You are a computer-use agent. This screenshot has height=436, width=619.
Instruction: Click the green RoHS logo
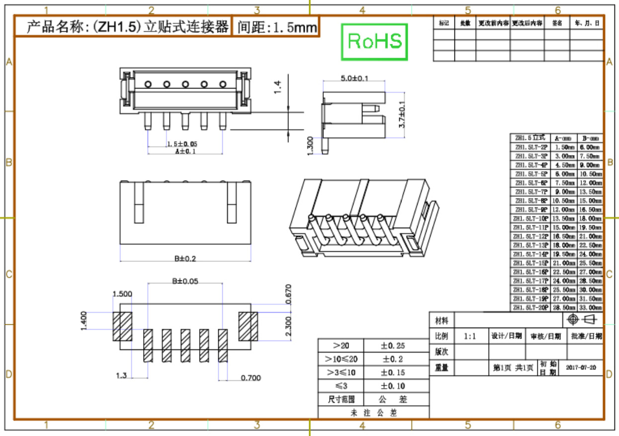coord(374,41)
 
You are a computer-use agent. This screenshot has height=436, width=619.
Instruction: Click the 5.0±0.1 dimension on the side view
coord(354,78)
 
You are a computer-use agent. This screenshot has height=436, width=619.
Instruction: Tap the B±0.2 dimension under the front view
coord(185,258)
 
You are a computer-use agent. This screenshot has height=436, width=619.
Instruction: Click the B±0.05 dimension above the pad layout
coord(185,281)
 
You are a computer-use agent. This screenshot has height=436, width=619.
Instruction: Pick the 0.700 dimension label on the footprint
coord(251,378)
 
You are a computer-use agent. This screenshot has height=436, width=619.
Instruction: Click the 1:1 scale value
coord(470,337)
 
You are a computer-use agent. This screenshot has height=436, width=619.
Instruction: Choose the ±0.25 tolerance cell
coord(393,346)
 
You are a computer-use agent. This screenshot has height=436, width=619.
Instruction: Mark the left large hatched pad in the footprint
coord(122,327)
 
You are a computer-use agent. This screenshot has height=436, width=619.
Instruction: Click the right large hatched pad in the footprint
coord(248,327)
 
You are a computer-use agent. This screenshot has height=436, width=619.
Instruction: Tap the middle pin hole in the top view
coord(185,84)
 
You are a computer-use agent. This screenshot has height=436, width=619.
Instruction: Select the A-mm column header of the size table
coord(563,138)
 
